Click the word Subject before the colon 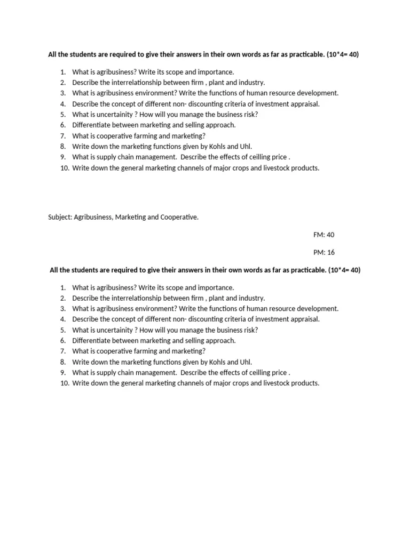click(59, 218)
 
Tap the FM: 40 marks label click(324, 235)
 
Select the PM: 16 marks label click(324, 252)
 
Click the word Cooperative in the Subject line click(179, 218)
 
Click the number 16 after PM click(330, 252)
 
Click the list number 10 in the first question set click(64, 168)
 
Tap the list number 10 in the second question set click(64, 383)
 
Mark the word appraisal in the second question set click(304, 319)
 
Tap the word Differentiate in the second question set click(93, 341)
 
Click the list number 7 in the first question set click(63, 136)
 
